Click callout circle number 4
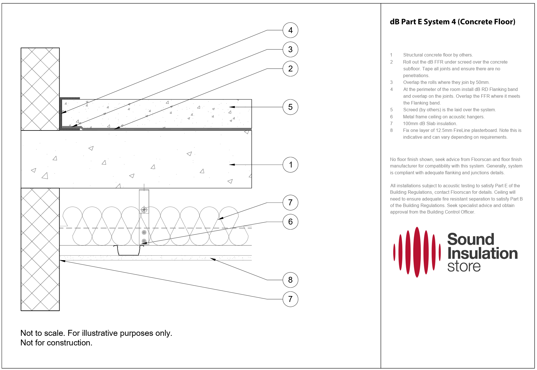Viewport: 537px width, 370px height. pyautogui.click(x=290, y=30)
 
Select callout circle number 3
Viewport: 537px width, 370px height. pyautogui.click(x=290, y=49)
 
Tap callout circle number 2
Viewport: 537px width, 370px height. pyautogui.click(x=290, y=69)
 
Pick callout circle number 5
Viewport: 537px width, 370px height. pyautogui.click(x=290, y=107)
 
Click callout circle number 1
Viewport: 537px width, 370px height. pyautogui.click(x=290, y=165)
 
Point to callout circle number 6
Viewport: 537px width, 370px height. pyautogui.click(x=290, y=222)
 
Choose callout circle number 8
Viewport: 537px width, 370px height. pyautogui.click(x=290, y=280)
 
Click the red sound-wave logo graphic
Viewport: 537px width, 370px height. pyautogui.click(x=417, y=252)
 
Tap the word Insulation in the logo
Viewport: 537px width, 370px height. pyautogui.click(x=482, y=253)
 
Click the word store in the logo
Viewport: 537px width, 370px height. pyautogui.click(x=464, y=266)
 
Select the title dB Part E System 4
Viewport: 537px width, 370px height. pyautogui.click(x=452, y=22)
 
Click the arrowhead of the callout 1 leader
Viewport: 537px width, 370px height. pyautogui.click(x=231, y=165)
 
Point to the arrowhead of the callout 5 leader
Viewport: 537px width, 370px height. pyautogui.click(x=231, y=107)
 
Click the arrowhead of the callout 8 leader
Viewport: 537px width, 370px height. pyautogui.click(x=212, y=259)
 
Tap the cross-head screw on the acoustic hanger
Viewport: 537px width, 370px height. pyautogui.click(x=144, y=210)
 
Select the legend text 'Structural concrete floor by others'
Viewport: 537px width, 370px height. pyautogui.click(x=438, y=55)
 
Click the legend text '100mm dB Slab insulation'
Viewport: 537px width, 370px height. pyautogui.click(x=430, y=124)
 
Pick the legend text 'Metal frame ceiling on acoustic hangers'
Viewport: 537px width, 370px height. pyautogui.click(x=443, y=117)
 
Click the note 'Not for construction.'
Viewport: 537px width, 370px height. pyautogui.click(x=56, y=343)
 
